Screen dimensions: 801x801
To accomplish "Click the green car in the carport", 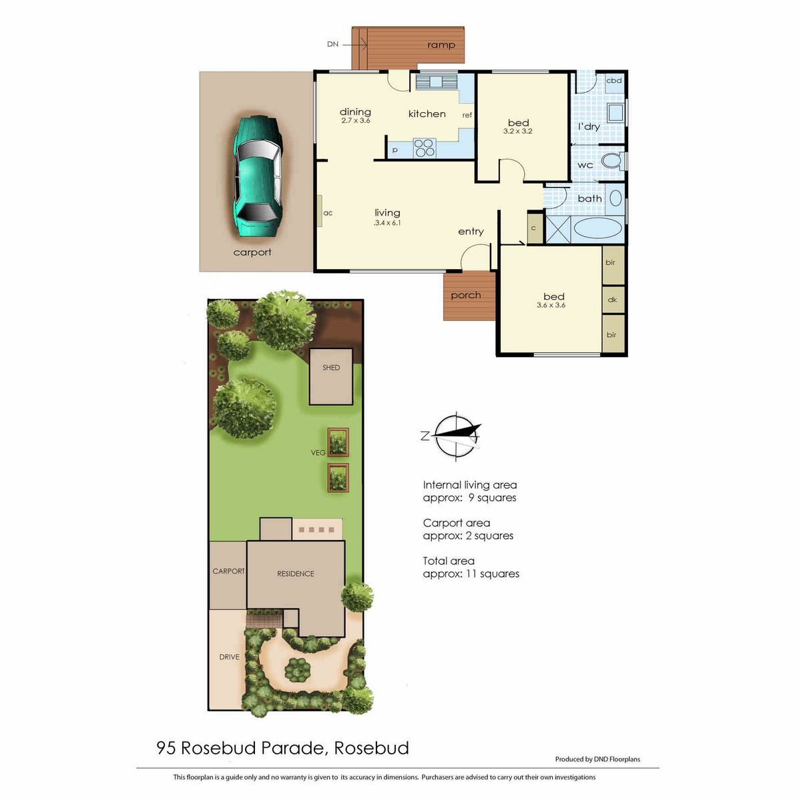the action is click(x=258, y=176).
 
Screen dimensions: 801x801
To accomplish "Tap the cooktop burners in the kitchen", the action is click(x=424, y=148).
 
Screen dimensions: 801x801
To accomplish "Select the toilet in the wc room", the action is click(x=612, y=161).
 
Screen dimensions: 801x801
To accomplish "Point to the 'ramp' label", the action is click(x=441, y=45).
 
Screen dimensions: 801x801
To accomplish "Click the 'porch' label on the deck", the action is click(x=465, y=295).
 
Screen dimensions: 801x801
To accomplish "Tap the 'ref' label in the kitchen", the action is click(x=467, y=115).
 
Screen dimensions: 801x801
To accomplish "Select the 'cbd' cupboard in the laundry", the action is click(x=614, y=81).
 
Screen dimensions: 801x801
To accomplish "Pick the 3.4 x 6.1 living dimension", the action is click(x=387, y=223).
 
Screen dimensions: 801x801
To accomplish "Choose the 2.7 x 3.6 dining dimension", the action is click(x=355, y=121).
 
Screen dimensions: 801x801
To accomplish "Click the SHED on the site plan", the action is click(x=331, y=376).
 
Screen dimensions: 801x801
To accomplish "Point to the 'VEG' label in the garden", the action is click(x=318, y=453).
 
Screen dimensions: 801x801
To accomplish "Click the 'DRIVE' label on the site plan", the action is click(x=229, y=657).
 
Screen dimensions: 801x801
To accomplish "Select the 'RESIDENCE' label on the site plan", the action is click(x=296, y=573).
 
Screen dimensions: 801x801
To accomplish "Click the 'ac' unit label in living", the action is click(x=328, y=213).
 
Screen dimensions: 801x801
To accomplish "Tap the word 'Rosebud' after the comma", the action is click(x=372, y=748).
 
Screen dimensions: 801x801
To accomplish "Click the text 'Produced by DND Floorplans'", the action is click(x=597, y=759).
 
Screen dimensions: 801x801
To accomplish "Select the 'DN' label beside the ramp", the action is click(x=332, y=44).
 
